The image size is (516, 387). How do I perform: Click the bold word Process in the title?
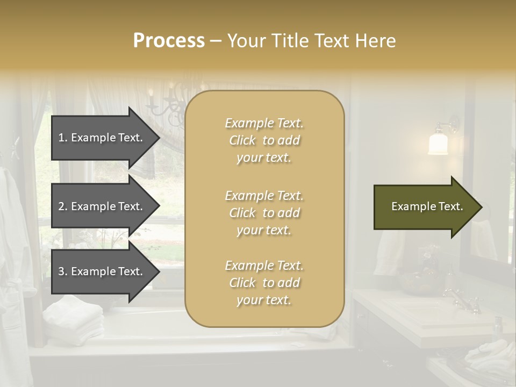[x=169, y=41]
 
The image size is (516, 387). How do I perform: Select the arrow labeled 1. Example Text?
[x=102, y=138]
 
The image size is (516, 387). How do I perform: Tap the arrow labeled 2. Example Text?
[x=102, y=206]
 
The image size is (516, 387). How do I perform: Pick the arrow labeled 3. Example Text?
[x=102, y=271]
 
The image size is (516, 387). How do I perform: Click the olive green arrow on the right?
[x=425, y=207]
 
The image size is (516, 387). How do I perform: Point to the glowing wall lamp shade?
[x=439, y=144]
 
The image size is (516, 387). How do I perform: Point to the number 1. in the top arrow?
[x=63, y=138]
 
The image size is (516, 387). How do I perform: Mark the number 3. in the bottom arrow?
[x=63, y=271]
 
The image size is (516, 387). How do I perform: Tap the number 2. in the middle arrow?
[x=63, y=206]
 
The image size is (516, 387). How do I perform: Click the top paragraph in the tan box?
[x=264, y=140]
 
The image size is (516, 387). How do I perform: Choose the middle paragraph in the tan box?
[x=264, y=213]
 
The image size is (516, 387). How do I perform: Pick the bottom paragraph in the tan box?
[x=264, y=283]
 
